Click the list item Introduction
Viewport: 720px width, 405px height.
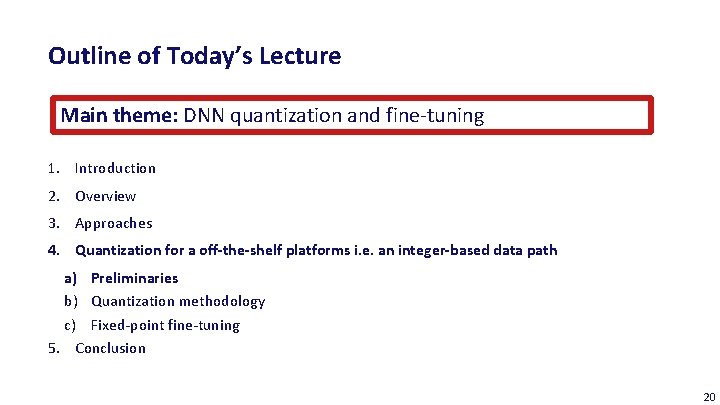(115, 168)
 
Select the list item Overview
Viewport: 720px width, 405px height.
(105, 196)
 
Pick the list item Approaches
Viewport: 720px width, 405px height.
(113, 223)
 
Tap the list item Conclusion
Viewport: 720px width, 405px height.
(110, 348)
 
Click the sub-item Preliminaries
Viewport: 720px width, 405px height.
(134, 278)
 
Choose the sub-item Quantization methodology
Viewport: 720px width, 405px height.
(178, 301)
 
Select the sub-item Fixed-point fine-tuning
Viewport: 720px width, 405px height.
(165, 325)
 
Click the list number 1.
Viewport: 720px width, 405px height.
(52, 168)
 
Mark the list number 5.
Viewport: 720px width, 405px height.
(52, 348)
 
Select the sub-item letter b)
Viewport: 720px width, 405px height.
(71, 301)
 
